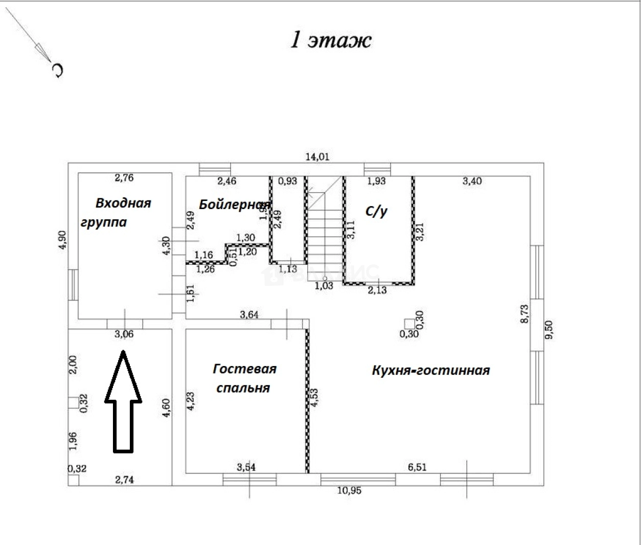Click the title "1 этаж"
[331, 40]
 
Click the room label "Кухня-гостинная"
[430, 370]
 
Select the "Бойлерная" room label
[234, 205]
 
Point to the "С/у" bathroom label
[376, 211]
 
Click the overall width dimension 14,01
[317, 156]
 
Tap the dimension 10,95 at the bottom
[349, 490]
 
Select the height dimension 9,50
[549, 330]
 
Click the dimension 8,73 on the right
[524, 313]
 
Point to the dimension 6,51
[417, 467]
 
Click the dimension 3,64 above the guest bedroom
[249, 314]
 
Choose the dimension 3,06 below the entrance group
[124, 334]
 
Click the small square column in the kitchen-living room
[409, 323]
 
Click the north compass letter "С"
[58, 70]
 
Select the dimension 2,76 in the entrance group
[124, 178]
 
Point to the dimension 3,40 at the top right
[472, 181]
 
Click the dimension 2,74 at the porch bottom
[124, 480]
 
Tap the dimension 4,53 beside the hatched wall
[314, 397]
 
